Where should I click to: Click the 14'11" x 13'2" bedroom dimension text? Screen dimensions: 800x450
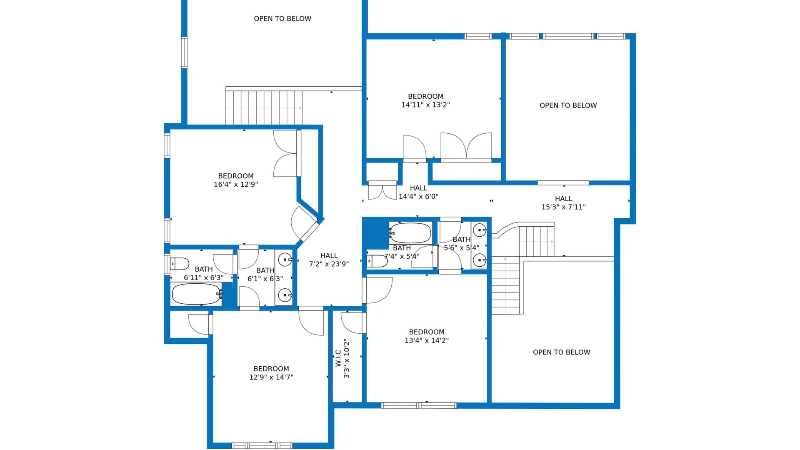coord(425,105)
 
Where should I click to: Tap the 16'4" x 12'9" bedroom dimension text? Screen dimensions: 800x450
coord(236,185)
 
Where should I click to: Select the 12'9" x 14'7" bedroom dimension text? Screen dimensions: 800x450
coord(271,377)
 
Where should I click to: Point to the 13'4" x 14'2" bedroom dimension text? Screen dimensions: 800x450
coord(427,340)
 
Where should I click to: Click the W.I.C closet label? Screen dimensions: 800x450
coord(338,358)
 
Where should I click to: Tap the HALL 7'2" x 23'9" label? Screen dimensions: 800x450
coord(329,260)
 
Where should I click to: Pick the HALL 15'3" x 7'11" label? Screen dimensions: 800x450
coord(563,203)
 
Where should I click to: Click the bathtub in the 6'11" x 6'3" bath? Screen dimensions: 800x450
coord(197,294)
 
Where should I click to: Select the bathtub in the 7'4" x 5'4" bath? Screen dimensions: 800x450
coord(410,233)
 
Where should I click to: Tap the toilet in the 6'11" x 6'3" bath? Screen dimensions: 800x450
coord(179,264)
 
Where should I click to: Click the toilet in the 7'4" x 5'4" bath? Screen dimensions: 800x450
coord(377,261)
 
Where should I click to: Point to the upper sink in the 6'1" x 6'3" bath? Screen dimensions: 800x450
coord(285,260)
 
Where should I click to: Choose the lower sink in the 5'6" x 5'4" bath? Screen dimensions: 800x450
coord(479,260)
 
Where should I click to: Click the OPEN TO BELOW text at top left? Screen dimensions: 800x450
coord(282,19)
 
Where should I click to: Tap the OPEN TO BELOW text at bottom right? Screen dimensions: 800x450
coord(561,352)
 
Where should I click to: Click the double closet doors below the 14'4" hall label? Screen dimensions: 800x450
coord(382,191)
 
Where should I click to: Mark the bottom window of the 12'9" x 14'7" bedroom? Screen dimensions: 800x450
coord(262,446)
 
